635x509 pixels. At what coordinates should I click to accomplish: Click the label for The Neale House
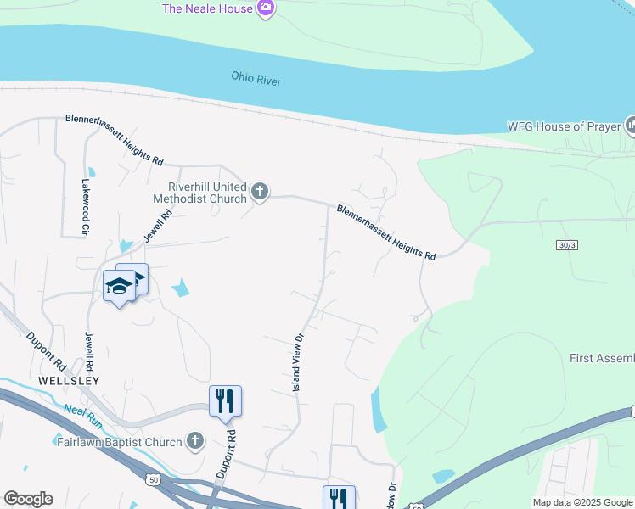(207, 8)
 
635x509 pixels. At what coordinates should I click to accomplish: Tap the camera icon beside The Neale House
(266, 8)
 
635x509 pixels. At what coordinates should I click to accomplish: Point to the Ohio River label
(256, 79)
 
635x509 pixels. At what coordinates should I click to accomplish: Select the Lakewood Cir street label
(86, 206)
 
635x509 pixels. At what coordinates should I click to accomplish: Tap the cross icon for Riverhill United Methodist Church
(261, 193)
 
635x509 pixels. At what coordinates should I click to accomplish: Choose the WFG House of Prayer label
(565, 126)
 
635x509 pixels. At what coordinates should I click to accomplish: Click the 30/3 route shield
(567, 245)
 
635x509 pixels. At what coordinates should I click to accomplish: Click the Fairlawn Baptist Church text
(119, 442)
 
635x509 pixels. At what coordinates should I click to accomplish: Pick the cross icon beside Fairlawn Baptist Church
(196, 441)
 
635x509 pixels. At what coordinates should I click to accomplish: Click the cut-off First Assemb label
(601, 359)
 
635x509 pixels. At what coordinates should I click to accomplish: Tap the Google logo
(28, 499)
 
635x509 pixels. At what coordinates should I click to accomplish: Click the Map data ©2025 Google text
(582, 502)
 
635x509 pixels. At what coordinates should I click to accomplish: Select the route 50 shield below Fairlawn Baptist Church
(154, 480)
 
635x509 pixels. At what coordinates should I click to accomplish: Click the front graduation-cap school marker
(119, 287)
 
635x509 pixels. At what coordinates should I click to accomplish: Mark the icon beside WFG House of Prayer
(630, 126)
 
